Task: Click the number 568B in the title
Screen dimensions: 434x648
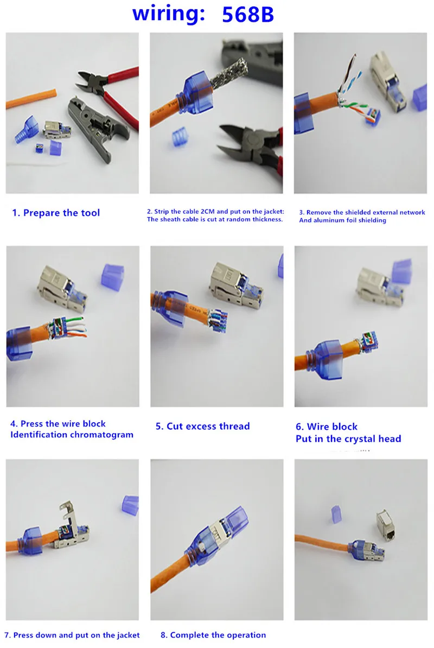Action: (248, 15)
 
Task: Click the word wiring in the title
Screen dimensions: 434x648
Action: (169, 14)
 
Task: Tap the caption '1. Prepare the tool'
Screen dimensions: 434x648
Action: (56, 213)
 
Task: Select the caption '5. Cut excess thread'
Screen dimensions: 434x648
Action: (202, 426)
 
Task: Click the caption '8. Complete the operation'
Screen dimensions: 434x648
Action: (213, 635)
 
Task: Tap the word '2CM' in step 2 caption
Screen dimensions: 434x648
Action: (210, 212)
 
